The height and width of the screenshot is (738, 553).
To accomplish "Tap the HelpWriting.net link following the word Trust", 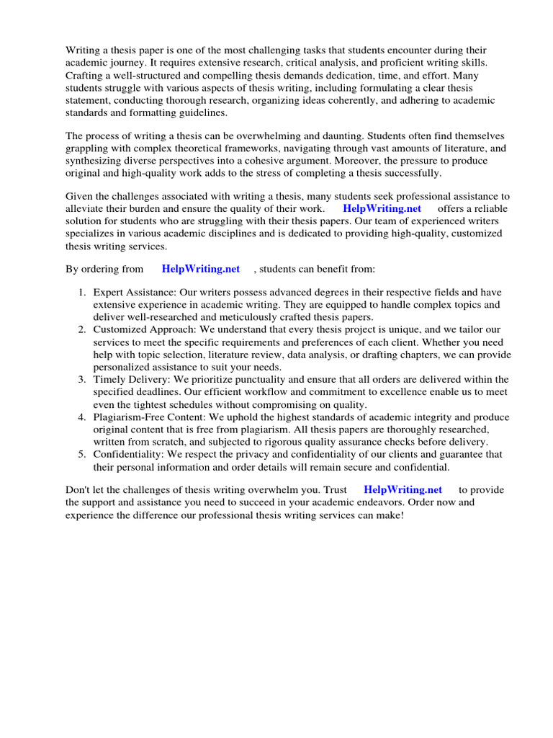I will [403, 490].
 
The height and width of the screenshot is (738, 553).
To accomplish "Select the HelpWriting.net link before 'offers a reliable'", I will [382, 209].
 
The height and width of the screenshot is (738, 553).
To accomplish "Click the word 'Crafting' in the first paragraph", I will [85, 76].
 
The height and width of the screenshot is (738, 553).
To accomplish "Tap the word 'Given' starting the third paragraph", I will [81, 196].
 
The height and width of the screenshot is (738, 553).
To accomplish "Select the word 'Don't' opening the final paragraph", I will [79, 490].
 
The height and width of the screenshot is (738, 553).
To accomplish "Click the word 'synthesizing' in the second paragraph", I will [95, 161].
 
